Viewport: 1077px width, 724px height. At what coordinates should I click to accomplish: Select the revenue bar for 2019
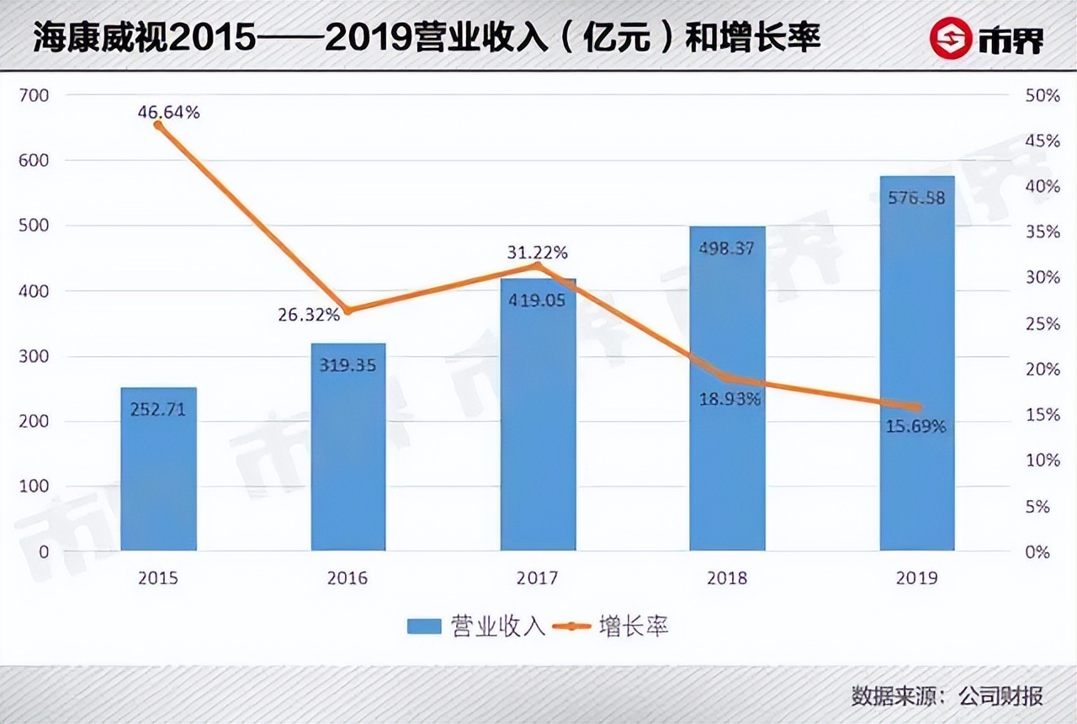click(x=917, y=363)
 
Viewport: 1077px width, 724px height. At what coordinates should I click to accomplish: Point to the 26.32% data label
click(x=309, y=315)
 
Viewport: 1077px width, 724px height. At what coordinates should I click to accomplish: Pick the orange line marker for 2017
click(x=538, y=266)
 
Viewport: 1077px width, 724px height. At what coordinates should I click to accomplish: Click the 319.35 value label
click(x=348, y=365)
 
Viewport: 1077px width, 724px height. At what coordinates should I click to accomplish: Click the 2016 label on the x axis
click(x=348, y=578)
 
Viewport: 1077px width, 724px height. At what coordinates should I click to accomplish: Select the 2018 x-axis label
click(x=727, y=578)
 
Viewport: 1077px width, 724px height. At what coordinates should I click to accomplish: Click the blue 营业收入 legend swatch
click(x=424, y=626)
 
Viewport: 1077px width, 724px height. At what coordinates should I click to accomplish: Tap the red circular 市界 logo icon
click(x=950, y=40)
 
